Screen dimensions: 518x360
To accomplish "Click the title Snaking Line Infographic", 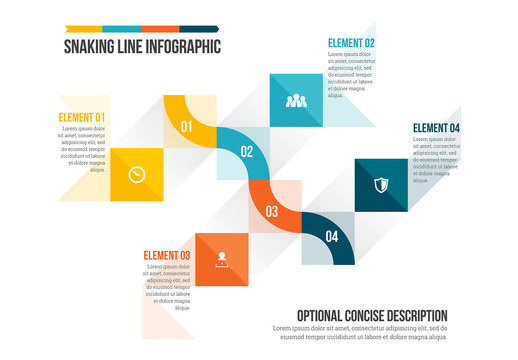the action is tap(142, 46).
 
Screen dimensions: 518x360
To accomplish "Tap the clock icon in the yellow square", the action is tap(136, 174).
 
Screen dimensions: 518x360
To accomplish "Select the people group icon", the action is tap(295, 100).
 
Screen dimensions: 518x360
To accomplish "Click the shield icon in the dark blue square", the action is tap(381, 185).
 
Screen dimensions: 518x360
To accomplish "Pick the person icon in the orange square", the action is tap(222, 259).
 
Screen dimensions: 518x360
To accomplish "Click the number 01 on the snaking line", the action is tap(186, 127).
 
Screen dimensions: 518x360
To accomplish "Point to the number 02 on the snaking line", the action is tap(247, 152).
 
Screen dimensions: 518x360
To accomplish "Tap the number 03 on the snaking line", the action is tap(271, 211).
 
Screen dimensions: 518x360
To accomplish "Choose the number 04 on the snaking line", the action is tap(332, 237).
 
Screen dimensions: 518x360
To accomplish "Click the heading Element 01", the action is tap(82, 117).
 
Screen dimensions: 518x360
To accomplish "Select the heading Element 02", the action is tap(351, 43).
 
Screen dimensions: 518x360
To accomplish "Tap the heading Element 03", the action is tap(167, 254).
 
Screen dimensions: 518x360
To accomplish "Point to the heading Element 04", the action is tap(436, 128).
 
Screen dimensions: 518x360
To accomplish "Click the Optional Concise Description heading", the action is tap(366, 315).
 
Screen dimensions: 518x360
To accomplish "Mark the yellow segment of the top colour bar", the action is tap(83, 28).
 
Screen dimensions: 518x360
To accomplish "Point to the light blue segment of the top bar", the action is tap(121, 28).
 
